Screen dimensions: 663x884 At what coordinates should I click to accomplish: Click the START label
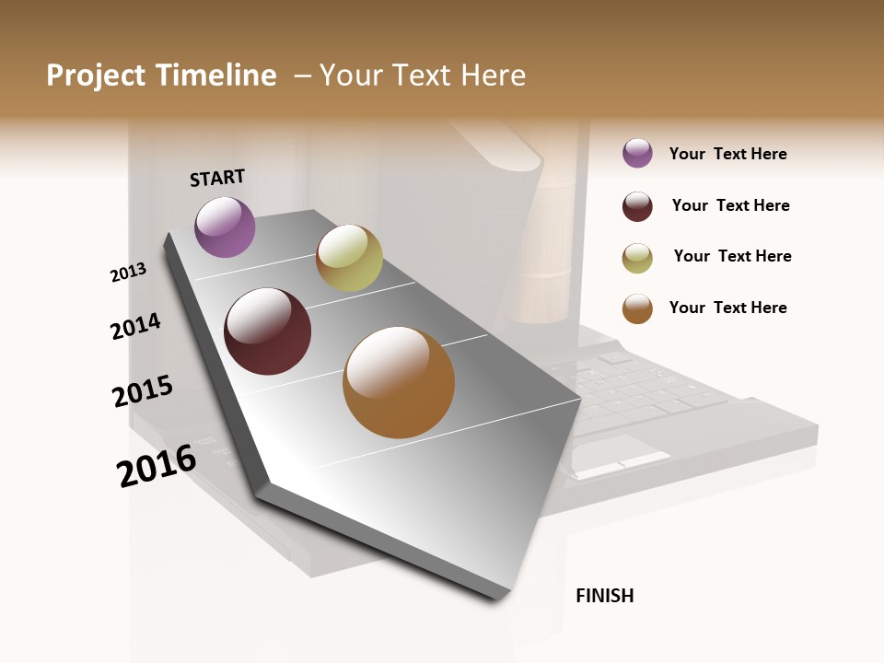tap(217, 178)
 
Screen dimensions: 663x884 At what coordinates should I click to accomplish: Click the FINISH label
tap(604, 596)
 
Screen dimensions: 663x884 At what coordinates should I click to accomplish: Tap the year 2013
tap(128, 273)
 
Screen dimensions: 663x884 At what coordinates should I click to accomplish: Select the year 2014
tap(135, 326)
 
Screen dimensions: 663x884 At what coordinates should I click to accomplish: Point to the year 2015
tap(143, 391)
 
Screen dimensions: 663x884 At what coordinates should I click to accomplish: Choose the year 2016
tap(157, 465)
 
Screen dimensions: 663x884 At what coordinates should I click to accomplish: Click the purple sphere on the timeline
tap(225, 227)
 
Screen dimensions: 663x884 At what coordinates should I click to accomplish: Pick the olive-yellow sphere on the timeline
tap(349, 258)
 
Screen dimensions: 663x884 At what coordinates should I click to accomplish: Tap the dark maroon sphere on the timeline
tap(268, 331)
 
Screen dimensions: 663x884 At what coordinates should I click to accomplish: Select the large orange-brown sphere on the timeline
tap(399, 382)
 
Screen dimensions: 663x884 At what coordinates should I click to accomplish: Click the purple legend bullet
tap(637, 154)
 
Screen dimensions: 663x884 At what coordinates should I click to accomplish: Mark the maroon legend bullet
tap(637, 206)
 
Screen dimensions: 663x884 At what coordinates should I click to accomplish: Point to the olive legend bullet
tap(637, 258)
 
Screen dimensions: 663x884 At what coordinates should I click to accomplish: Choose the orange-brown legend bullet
tap(637, 308)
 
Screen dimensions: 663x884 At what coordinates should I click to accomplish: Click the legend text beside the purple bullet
tap(727, 154)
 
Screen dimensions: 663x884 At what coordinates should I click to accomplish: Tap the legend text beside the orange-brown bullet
tap(727, 308)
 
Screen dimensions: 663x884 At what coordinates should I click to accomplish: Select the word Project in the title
tap(95, 76)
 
